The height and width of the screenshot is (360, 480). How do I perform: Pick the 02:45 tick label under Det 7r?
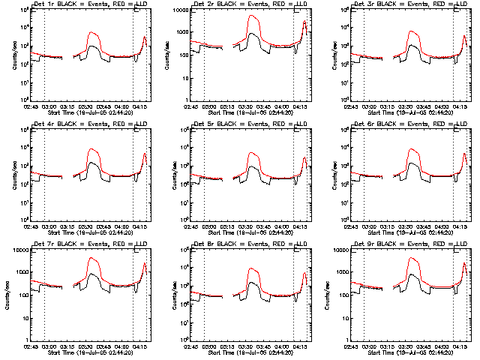[x=30, y=346]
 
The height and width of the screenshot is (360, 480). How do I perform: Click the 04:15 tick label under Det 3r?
[x=458, y=106]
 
